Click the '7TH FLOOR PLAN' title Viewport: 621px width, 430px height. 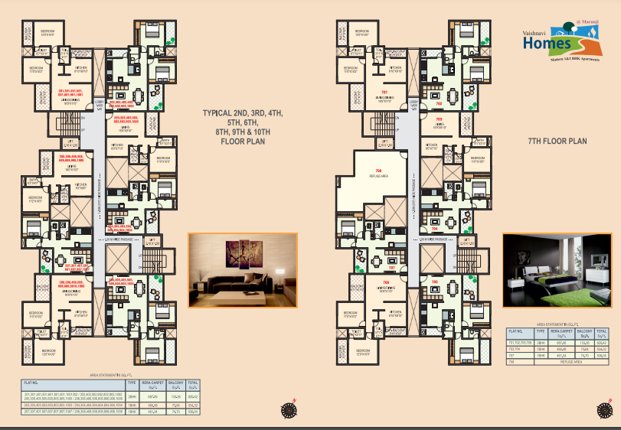click(x=557, y=142)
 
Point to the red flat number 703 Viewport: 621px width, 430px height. click(x=439, y=119)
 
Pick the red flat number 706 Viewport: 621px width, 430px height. click(x=384, y=282)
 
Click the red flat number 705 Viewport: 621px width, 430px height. click(x=435, y=282)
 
